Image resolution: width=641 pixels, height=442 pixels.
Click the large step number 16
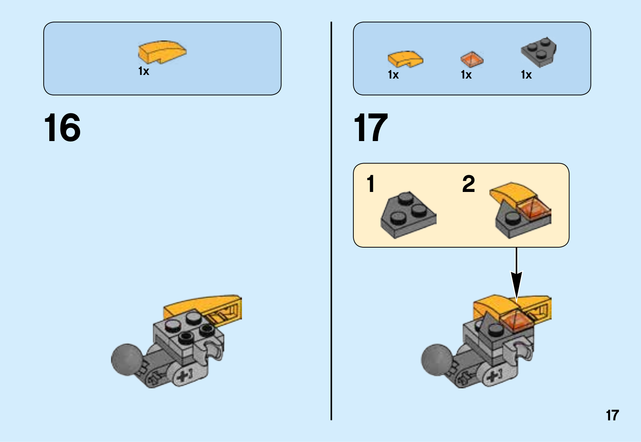62,128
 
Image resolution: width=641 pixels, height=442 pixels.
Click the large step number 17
371,128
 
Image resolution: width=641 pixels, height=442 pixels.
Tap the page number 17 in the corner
612,415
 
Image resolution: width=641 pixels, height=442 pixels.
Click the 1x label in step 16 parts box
143,71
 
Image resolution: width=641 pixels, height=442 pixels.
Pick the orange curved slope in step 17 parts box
405,59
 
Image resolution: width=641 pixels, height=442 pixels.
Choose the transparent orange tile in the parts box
472,59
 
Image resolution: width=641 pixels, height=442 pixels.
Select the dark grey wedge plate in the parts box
539,52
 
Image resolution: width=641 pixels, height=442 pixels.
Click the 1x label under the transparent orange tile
466,75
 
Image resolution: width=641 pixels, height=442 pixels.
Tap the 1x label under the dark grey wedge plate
526,75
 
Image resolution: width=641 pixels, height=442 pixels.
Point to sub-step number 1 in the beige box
371,184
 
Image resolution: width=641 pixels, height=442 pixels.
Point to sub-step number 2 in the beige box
468,184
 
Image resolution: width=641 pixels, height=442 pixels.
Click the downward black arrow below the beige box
516,277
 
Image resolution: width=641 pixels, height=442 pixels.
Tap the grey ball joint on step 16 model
126,359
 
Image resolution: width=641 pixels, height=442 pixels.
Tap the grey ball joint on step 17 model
436,359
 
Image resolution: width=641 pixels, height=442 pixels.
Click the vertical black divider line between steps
331,220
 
